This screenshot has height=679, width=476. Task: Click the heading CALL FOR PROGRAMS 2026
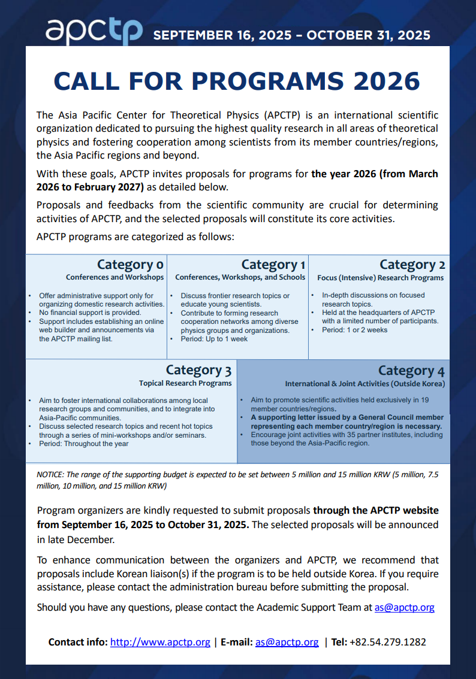(x=237, y=81)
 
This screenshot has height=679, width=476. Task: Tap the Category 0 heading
(x=130, y=265)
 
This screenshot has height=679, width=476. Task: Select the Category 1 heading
(x=273, y=265)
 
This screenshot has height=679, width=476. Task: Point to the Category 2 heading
(x=412, y=265)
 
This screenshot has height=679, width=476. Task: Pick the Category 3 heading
(x=198, y=370)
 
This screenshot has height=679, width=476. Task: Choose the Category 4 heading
(x=411, y=371)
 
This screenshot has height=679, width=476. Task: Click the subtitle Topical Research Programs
(x=185, y=383)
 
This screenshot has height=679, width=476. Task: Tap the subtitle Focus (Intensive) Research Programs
(x=381, y=278)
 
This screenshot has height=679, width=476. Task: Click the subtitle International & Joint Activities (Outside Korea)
(x=365, y=384)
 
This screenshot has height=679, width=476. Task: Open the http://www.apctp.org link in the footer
(x=160, y=642)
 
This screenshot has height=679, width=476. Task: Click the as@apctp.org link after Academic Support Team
(x=404, y=607)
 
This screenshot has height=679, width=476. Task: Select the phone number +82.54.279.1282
(x=388, y=642)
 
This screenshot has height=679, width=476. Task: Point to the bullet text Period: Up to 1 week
(x=215, y=339)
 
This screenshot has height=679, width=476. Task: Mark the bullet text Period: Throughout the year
(x=84, y=444)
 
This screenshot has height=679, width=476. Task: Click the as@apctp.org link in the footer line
(x=287, y=642)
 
